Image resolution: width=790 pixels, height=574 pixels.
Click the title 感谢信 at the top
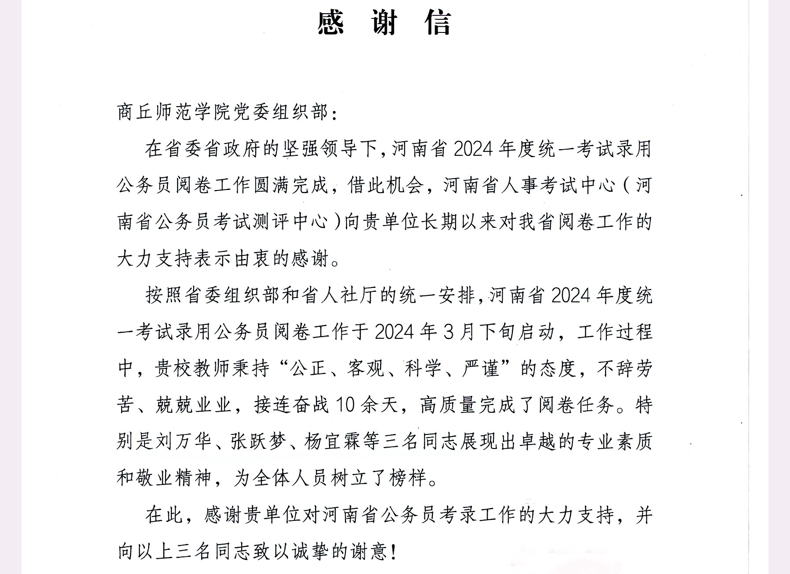(384, 23)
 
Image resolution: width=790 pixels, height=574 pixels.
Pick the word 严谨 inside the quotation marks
(481, 368)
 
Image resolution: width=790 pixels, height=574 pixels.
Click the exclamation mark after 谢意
(393, 551)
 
